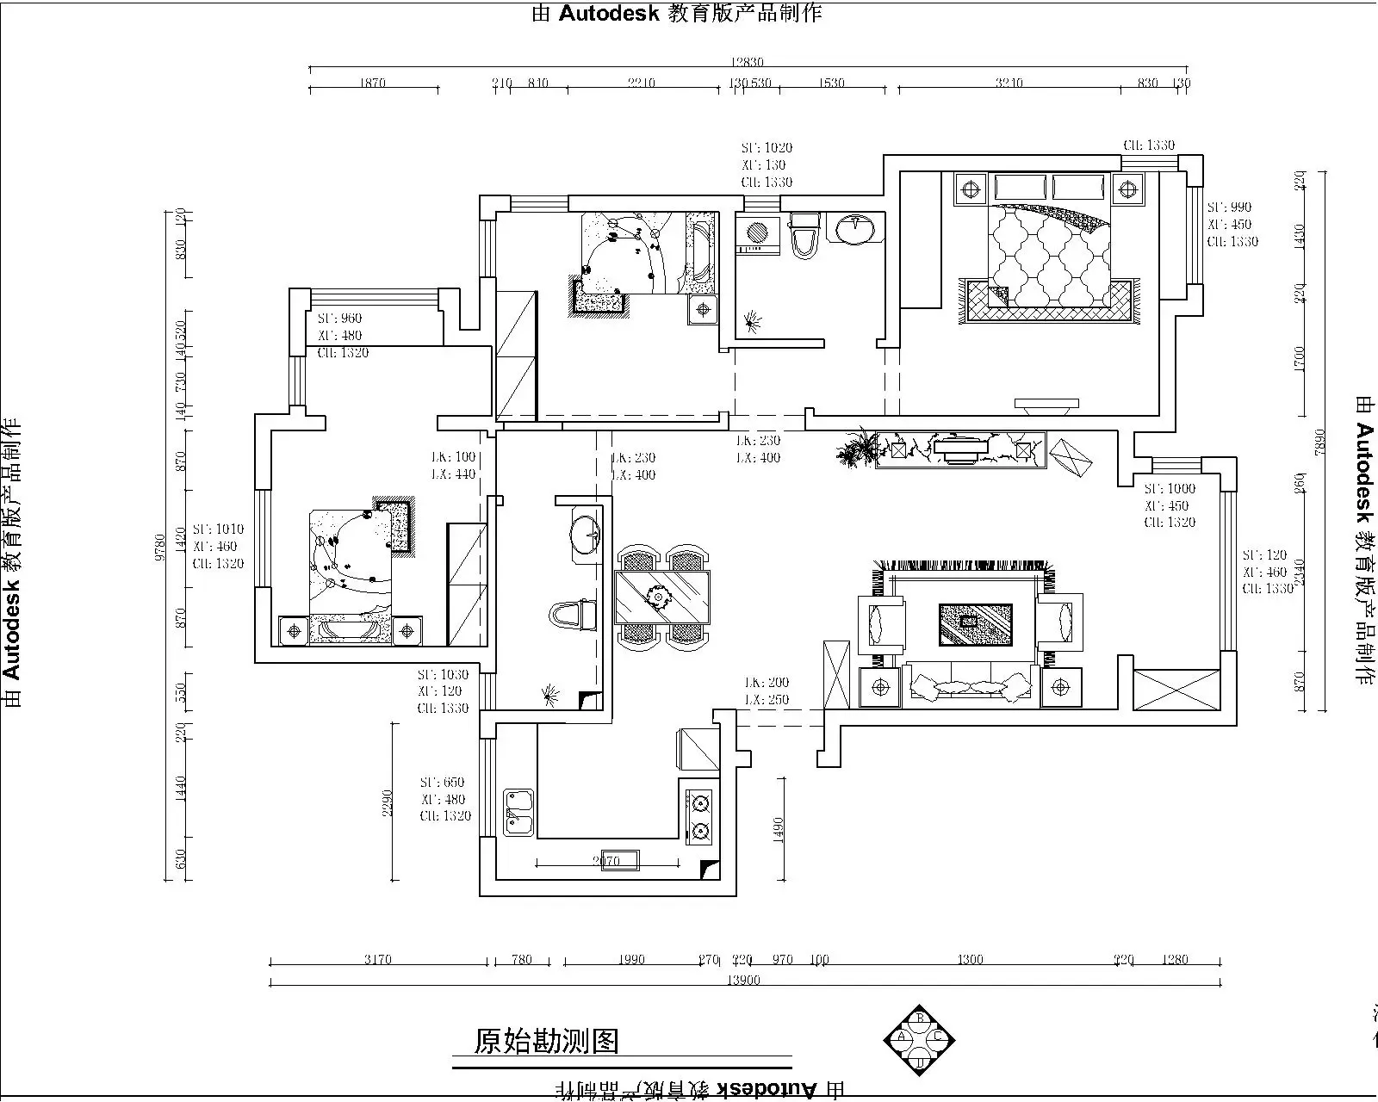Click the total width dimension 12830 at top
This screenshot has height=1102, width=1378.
747,62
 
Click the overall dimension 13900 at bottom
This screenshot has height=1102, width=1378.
742,980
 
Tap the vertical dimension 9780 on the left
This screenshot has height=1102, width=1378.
159,548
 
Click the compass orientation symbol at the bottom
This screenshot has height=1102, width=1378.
920,1039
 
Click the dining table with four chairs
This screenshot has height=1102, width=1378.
662,597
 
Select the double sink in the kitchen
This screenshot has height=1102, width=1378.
518,813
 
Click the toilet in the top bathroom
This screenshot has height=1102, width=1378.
804,235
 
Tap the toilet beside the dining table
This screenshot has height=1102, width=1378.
572,616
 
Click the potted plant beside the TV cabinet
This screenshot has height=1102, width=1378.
857,449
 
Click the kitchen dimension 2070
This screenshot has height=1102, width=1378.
606,860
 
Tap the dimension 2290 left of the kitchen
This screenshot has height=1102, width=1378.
388,802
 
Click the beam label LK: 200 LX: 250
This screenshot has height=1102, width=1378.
767,690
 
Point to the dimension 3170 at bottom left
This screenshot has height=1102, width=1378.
377,959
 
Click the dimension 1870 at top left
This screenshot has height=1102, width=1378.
372,83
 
